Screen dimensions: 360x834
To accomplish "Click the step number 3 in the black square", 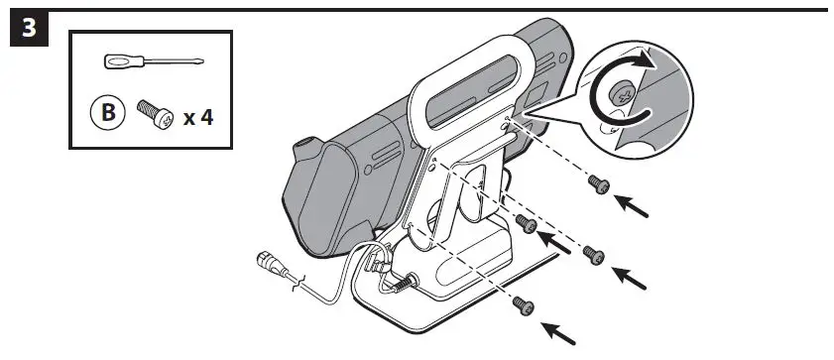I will pyautogui.click(x=29, y=29).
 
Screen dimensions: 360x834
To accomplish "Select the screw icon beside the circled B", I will pyautogui.click(x=153, y=115).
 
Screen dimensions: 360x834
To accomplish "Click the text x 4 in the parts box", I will pyautogui.click(x=198, y=117).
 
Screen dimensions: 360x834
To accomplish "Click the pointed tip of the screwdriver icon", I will pyautogui.click(x=205, y=61).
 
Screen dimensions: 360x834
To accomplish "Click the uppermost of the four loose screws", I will pyautogui.click(x=597, y=183).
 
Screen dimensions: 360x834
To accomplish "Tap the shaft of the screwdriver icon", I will pyautogui.click(x=178, y=61).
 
